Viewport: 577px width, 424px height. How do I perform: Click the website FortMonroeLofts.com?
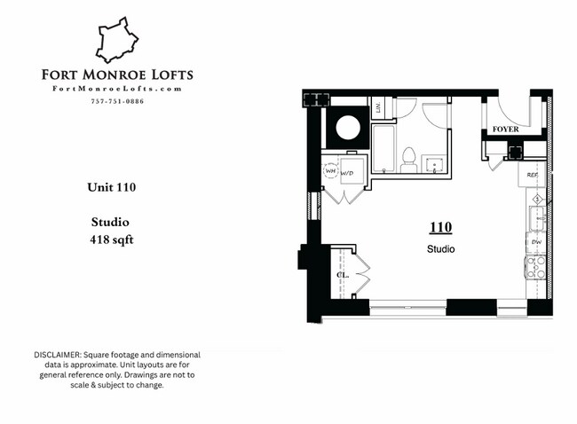(x=117, y=89)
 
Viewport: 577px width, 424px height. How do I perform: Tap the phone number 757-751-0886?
(x=117, y=101)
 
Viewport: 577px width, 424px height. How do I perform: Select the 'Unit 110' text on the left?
(x=111, y=187)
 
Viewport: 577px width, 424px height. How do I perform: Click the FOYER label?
(x=505, y=130)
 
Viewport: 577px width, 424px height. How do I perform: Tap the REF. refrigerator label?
(x=533, y=175)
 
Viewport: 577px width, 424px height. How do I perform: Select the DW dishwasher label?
(x=535, y=241)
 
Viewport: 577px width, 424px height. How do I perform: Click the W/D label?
(x=347, y=173)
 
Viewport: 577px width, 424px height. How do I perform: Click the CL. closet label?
(x=341, y=275)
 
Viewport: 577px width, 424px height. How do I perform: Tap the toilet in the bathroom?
(x=409, y=158)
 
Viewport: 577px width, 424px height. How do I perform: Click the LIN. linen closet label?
(x=378, y=108)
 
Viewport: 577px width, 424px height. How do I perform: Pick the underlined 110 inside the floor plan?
(x=440, y=228)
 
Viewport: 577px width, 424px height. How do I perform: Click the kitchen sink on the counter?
(x=535, y=216)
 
